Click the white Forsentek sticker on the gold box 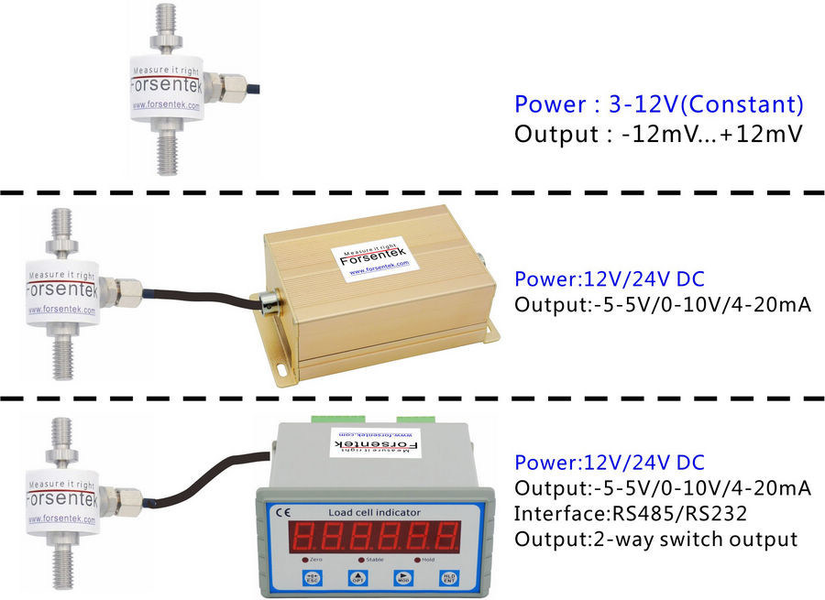pos(373,257)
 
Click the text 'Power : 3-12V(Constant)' pos(658,103)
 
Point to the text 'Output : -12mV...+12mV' pos(657,134)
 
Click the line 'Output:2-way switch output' pos(655,539)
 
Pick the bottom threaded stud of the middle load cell pos(62,353)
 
